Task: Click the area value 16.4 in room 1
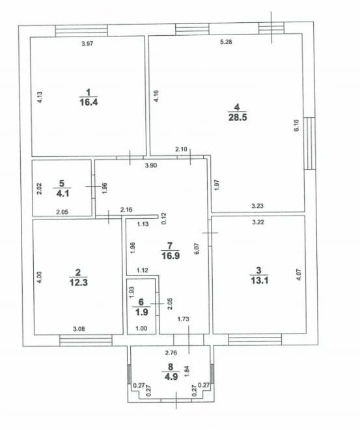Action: [x=89, y=102]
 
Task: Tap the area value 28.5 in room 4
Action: [x=238, y=117]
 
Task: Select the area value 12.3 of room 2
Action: [x=78, y=283]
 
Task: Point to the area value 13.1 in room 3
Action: [x=260, y=281]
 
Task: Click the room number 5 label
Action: [x=62, y=183]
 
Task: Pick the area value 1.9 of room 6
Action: [x=142, y=312]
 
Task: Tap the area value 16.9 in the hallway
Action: [x=171, y=256]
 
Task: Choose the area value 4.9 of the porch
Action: [x=171, y=377]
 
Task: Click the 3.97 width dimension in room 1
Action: [x=87, y=44]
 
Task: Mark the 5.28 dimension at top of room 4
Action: [x=227, y=42]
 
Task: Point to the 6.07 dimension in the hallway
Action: [x=197, y=250]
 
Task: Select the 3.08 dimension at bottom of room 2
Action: [x=79, y=329]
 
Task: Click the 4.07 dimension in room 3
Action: [x=299, y=274]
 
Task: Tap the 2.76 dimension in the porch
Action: [x=171, y=353]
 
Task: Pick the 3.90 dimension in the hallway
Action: [x=151, y=165]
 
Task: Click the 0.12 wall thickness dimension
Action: [x=164, y=218]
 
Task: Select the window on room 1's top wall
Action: [x=81, y=31]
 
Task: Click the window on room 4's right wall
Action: [x=310, y=143]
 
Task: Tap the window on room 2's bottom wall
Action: [x=86, y=340]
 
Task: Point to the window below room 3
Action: [x=255, y=339]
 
